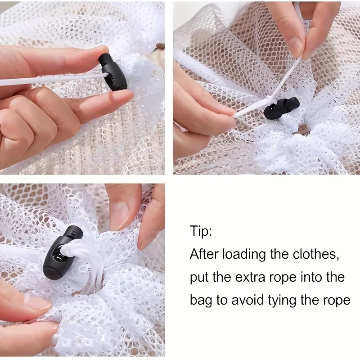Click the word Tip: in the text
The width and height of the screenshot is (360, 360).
pos(201,231)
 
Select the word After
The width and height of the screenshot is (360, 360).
pos(204,254)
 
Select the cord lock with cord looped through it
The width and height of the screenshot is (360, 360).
pos(63,252)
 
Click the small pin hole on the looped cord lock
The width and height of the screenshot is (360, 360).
pos(73,234)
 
